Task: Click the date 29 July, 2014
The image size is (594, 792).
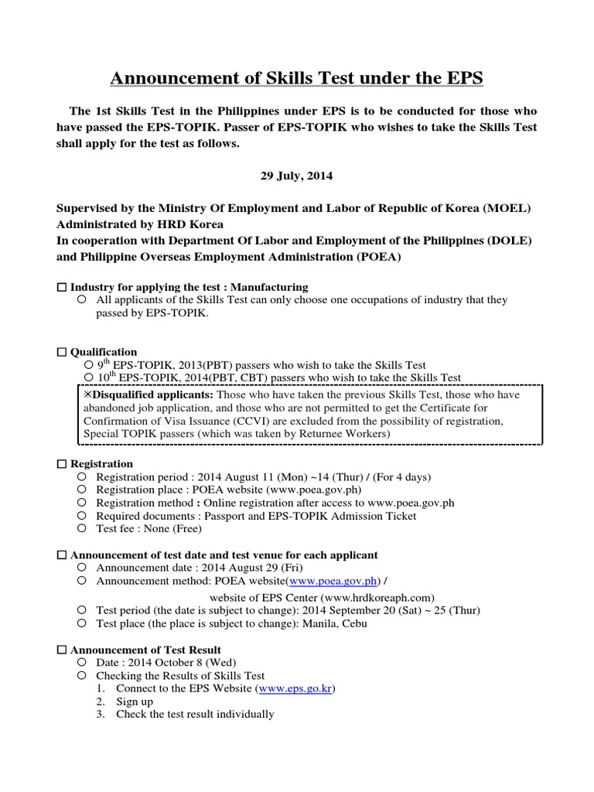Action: pyautogui.click(x=295, y=176)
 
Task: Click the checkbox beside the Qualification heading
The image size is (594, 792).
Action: pyautogui.click(x=62, y=352)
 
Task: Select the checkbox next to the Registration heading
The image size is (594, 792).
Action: pyautogui.click(x=62, y=463)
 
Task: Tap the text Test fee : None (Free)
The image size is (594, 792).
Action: pyautogui.click(x=148, y=529)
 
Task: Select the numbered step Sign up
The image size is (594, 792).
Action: pyautogui.click(x=135, y=702)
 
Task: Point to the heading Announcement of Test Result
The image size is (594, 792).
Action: pyautogui.click(x=145, y=650)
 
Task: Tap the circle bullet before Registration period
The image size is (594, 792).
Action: pyautogui.click(x=81, y=477)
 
